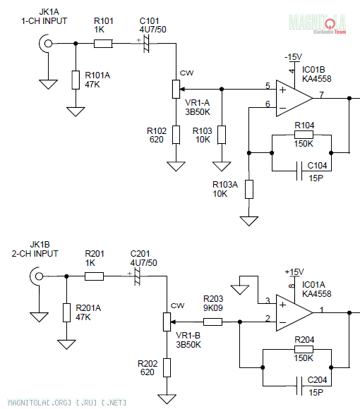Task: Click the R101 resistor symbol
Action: tap(103, 44)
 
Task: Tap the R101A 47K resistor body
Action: tap(76, 80)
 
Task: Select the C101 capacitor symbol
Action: tap(146, 44)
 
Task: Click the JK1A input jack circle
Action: tap(48, 44)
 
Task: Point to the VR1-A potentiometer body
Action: tap(176, 90)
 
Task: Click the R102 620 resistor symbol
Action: tap(176, 135)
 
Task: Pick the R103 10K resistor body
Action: tap(222, 135)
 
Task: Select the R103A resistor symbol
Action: tap(249, 190)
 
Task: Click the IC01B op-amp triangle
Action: tap(294, 98)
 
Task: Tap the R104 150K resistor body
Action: tap(304, 135)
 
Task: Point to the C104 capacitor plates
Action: tap(299, 171)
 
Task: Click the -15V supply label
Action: tap(293, 57)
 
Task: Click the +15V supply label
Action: tap(294, 271)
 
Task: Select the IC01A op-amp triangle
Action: tap(294, 313)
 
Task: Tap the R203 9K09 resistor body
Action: tap(212, 322)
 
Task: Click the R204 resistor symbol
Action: tap(304, 349)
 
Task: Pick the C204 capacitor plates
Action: tap(299, 386)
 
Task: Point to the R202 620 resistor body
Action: tap(167, 368)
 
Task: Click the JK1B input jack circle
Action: tap(39, 276)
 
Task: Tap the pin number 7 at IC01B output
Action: tap(322, 94)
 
